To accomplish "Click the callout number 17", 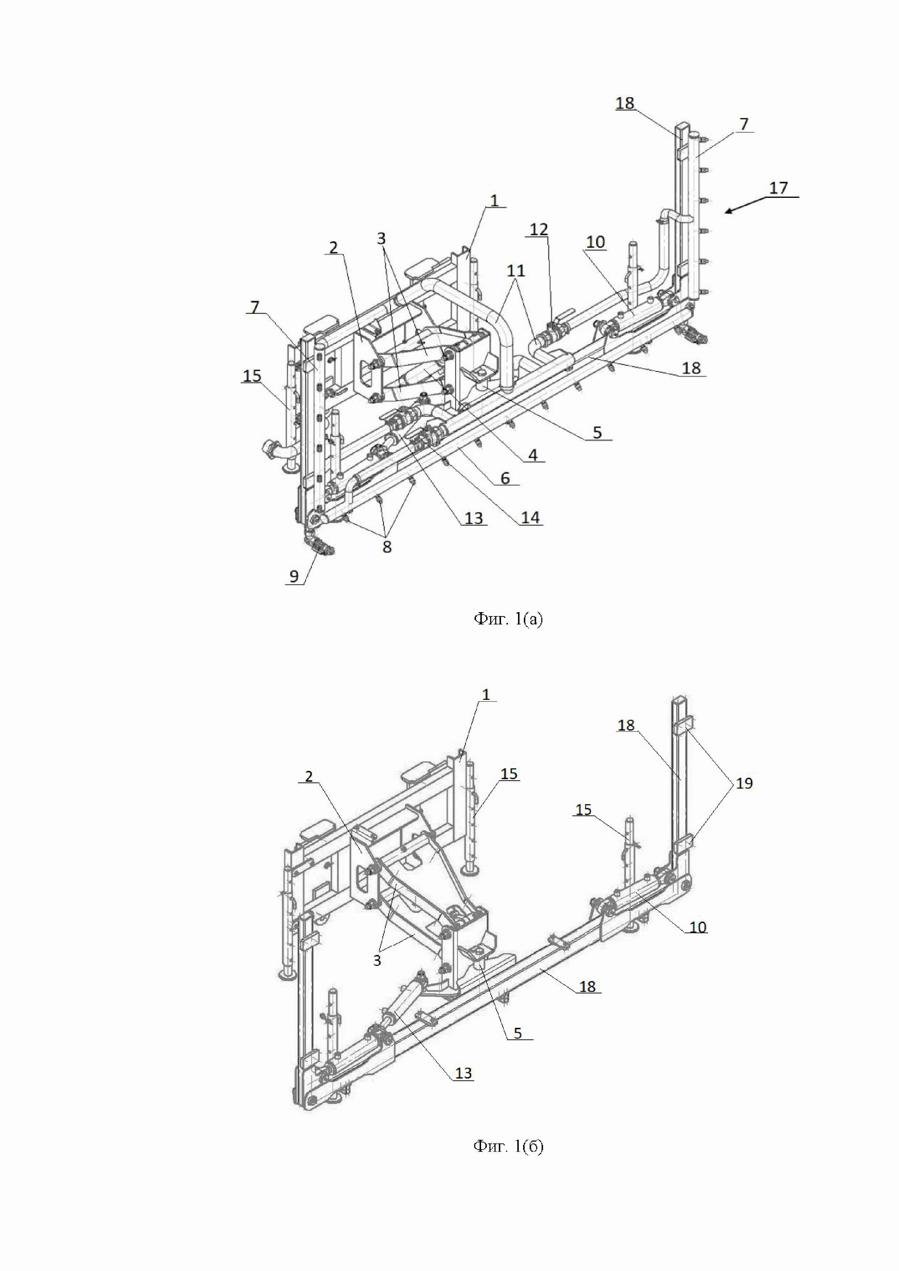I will (x=778, y=188).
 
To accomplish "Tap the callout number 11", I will (x=515, y=271).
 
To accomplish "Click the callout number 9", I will (x=294, y=576).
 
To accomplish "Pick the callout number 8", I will (x=387, y=547).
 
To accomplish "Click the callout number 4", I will (x=533, y=455).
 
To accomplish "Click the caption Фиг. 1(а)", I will (x=508, y=619).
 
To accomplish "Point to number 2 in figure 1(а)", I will (x=333, y=248).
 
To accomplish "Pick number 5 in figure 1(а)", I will (x=597, y=432).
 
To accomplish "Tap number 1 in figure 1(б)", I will (x=486, y=695).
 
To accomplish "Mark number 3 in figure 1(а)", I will (x=381, y=238).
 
